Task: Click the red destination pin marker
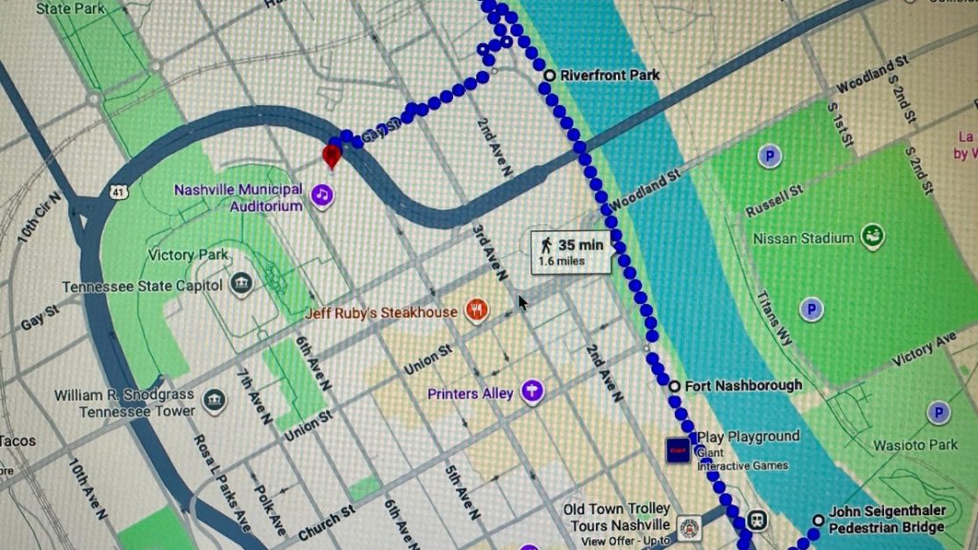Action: coord(332,156)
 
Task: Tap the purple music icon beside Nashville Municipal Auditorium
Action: coord(322,194)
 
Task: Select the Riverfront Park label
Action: coord(610,75)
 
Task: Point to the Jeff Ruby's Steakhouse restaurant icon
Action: coord(477,310)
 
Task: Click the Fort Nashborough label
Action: coord(743,385)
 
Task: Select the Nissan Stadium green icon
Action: coord(872,236)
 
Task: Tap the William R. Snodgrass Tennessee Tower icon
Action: coord(214,401)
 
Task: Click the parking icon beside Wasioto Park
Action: coord(939,412)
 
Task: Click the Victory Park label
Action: coord(188,255)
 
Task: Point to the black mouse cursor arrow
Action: coord(523,302)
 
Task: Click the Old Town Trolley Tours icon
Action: coord(690,527)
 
